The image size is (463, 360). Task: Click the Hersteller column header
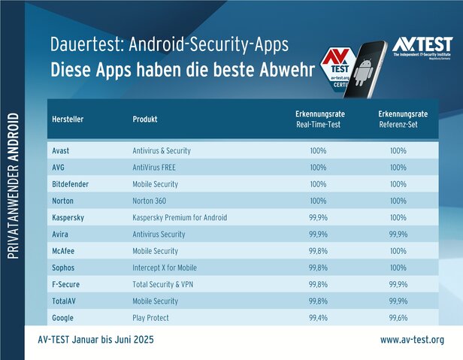(x=68, y=119)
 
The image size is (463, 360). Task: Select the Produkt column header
(x=145, y=119)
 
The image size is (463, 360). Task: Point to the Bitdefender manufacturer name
(x=71, y=184)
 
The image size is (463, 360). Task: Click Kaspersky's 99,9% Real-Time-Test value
(x=318, y=217)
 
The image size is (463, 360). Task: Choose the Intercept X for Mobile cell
(x=164, y=268)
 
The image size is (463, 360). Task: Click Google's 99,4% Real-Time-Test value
(x=318, y=318)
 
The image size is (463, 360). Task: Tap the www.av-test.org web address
(x=412, y=340)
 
